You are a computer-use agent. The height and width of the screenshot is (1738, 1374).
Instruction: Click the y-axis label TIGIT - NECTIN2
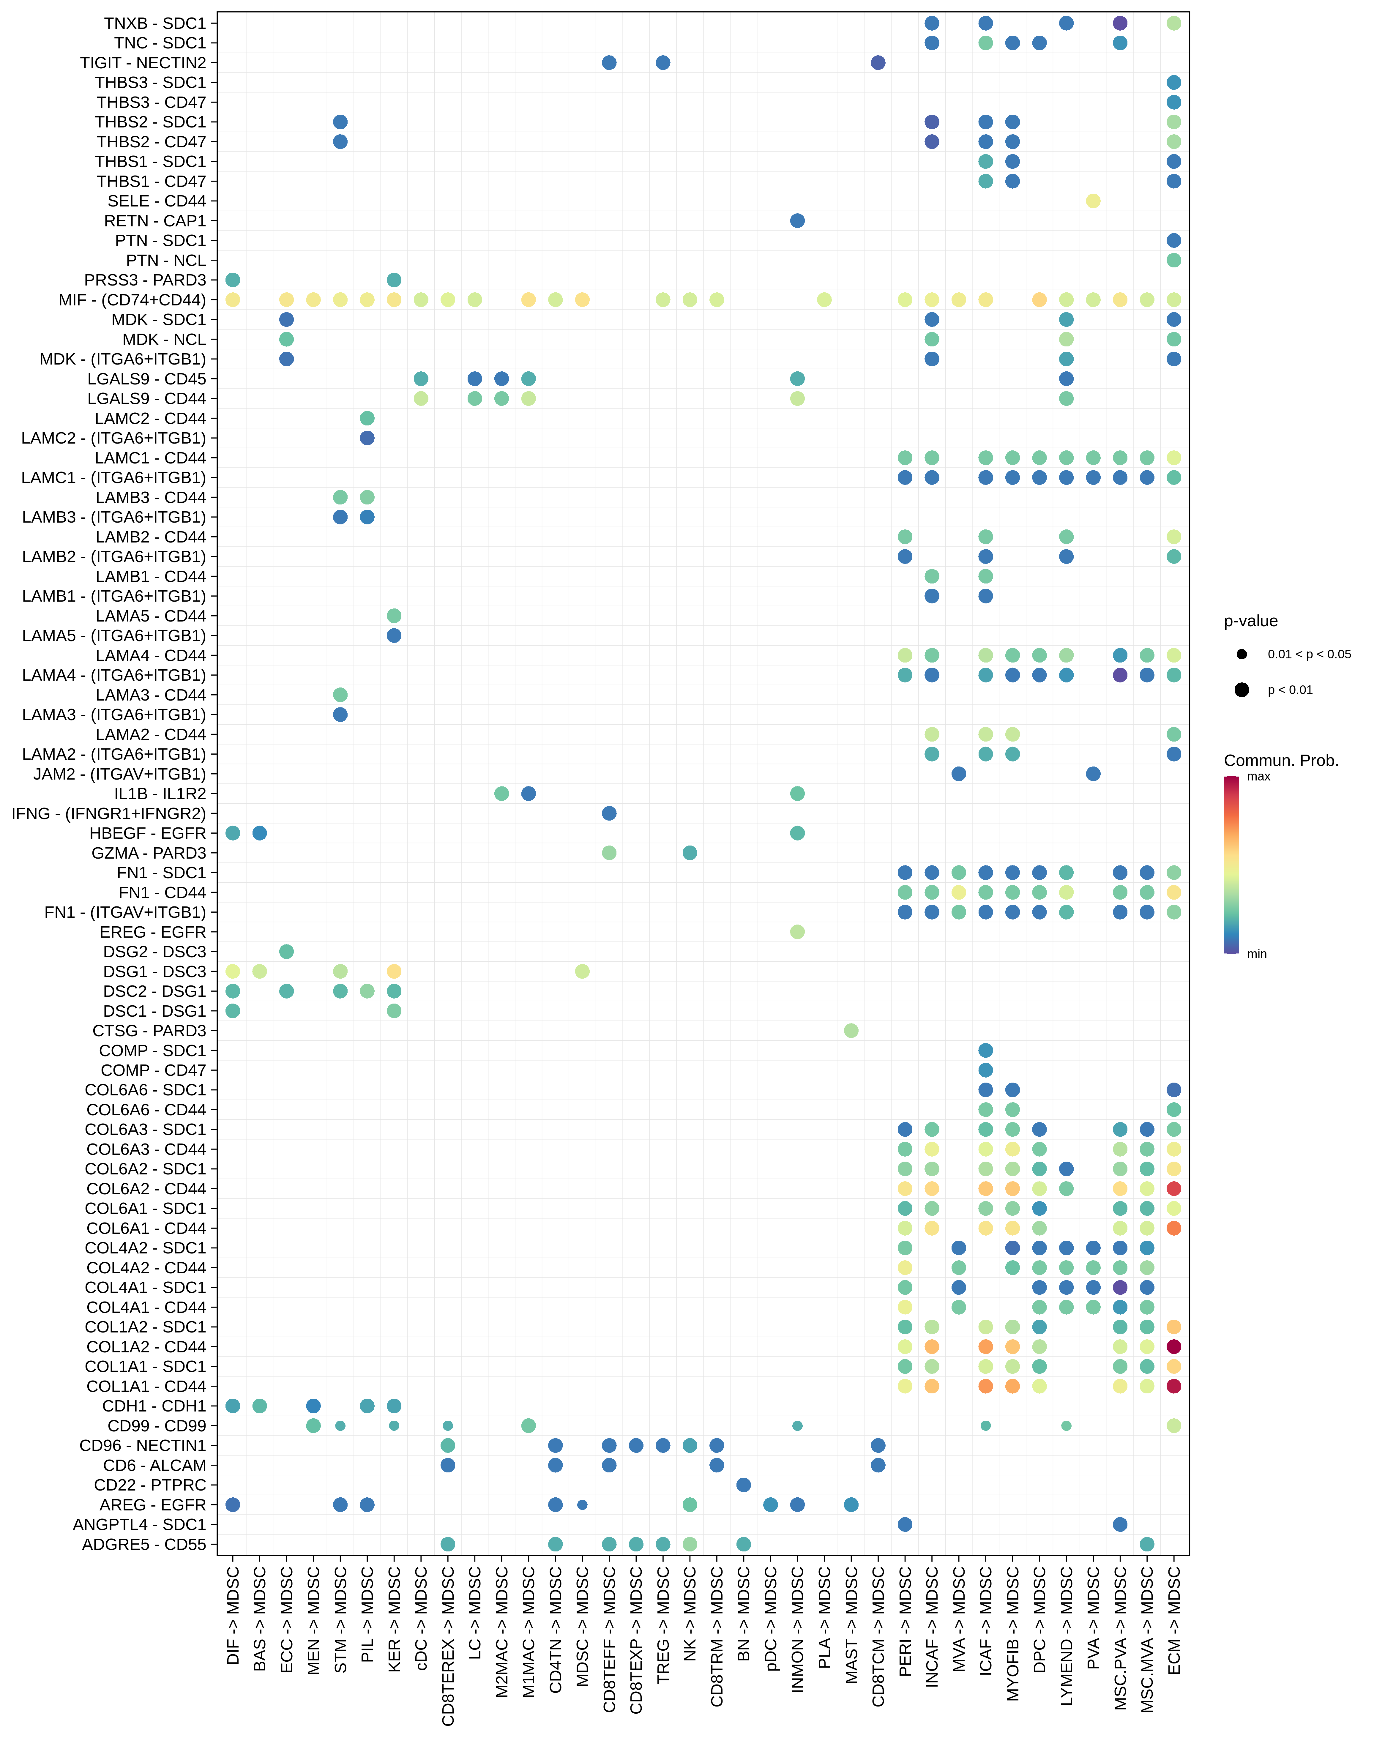pos(143,63)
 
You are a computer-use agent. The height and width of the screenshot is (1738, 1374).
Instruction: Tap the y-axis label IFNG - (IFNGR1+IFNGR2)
pos(109,813)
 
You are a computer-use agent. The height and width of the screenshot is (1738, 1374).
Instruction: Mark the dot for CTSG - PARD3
pos(851,1030)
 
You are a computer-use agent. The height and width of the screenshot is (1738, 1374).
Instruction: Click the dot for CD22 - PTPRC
pos(743,1485)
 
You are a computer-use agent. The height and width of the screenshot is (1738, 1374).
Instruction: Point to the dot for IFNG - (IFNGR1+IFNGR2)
pos(609,813)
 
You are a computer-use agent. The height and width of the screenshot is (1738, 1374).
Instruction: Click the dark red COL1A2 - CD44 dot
pos(1174,1346)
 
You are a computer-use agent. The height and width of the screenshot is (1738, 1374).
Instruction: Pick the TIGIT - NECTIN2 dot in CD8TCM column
pos(878,63)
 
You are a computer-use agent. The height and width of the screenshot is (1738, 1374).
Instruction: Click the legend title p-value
pos(1250,621)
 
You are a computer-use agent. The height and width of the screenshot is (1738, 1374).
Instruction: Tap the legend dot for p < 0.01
pos(1242,689)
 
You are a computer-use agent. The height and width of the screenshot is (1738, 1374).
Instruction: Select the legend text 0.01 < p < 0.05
pos(1309,654)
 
